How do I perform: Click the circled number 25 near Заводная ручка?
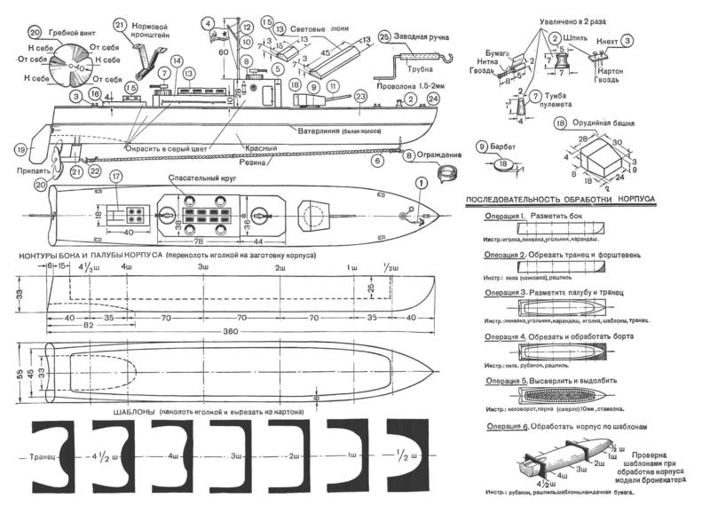click(x=383, y=36)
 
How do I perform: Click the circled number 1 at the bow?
click(x=422, y=183)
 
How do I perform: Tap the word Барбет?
click(x=517, y=145)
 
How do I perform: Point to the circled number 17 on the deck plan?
click(x=115, y=177)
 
